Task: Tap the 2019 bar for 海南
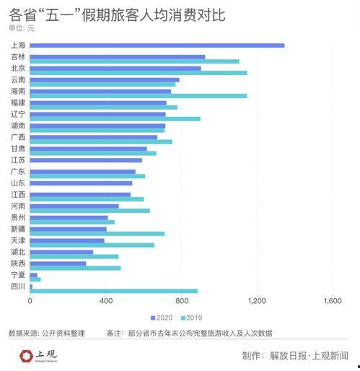tap(138, 96)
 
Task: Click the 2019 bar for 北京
tap(138, 73)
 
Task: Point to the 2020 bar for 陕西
tap(58, 263)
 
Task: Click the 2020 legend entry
tap(162, 318)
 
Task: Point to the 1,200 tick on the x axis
tap(257, 300)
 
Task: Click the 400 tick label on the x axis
tap(106, 300)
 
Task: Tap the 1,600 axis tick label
tap(332, 300)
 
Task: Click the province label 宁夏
tap(18, 275)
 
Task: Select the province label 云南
tap(18, 79)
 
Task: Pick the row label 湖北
tap(18, 252)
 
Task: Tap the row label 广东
tap(18, 172)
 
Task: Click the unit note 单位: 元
tap(22, 28)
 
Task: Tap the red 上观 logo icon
tap(27, 355)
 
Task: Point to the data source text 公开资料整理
tap(66, 333)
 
